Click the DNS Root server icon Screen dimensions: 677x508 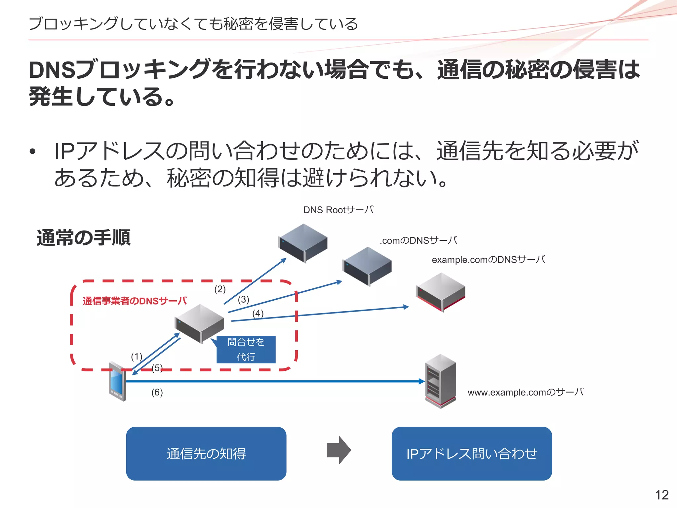click(x=303, y=243)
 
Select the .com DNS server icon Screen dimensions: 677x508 click(x=367, y=266)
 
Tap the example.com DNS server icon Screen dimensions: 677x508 click(x=441, y=292)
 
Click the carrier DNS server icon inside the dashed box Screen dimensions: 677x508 click(x=199, y=324)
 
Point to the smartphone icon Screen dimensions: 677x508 click(x=118, y=381)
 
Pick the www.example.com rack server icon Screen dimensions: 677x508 click(x=440, y=381)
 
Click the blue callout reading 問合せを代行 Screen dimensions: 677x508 click(x=246, y=349)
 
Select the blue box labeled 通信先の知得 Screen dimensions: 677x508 click(x=206, y=453)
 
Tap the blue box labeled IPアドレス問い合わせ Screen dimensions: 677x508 click(x=472, y=453)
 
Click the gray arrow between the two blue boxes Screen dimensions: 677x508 click(x=339, y=450)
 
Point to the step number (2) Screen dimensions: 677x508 click(x=220, y=289)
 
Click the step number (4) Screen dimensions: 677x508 click(x=258, y=313)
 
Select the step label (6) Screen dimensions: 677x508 click(x=157, y=392)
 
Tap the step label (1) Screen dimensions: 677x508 click(x=137, y=357)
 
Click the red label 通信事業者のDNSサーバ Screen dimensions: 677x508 click(x=135, y=301)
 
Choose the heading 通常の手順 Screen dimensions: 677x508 click(x=84, y=237)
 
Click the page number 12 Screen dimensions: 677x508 click(x=662, y=495)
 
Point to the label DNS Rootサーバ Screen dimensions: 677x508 click(x=339, y=210)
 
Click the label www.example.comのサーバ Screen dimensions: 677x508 click(x=526, y=392)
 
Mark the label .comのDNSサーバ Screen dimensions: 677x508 click(x=419, y=240)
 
